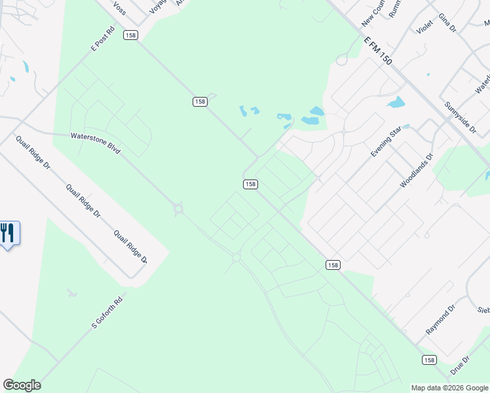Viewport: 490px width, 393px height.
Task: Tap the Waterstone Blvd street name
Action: coord(96,143)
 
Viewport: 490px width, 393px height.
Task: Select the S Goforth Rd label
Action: coord(107,313)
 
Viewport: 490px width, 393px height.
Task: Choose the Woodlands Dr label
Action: coord(417,171)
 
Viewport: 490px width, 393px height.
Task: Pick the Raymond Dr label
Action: coord(440,320)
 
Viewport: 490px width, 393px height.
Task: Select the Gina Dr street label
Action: coord(447,22)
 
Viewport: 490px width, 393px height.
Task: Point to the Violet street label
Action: coord(424,27)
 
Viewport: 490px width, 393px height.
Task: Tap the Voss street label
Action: coord(119,8)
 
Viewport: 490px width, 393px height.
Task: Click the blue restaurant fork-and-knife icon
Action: coord(8,233)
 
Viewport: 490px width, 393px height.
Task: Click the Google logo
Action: coord(22,385)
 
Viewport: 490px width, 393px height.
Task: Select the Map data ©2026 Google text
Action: coord(449,388)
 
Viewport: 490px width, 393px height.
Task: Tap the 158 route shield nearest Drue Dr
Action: coord(428,360)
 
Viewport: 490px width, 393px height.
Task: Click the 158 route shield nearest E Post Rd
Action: coord(130,35)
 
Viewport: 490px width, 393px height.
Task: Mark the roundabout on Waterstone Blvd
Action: coord(178,210)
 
